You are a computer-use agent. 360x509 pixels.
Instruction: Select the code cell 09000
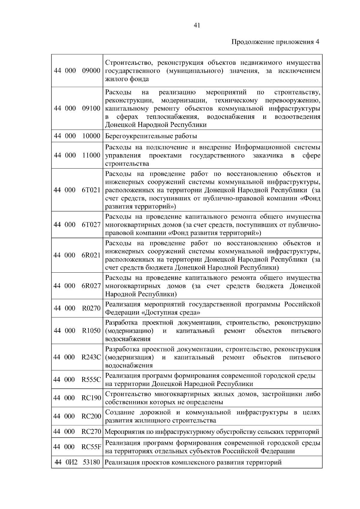tap(91, 71)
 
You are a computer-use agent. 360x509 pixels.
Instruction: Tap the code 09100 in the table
tap(91, 108)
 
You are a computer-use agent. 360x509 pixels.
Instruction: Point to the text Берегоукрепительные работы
tap(151, 136)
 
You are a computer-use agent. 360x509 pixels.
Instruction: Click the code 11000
tap(91, 155)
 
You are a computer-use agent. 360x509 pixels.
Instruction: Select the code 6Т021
tap(91, 190)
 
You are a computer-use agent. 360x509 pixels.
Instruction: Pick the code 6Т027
tap(91, 225)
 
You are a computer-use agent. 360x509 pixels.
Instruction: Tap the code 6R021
tap(91, 255)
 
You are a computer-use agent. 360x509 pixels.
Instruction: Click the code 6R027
tap(91, 286)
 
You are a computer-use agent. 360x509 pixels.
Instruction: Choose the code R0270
tap(91, 308)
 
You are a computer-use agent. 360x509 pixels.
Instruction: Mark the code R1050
tap(91, 331)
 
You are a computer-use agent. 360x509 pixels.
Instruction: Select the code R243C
tap(91, 357)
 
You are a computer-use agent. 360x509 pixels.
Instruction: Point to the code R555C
tap(91, 379)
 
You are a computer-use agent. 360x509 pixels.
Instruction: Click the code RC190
tap(91, 398)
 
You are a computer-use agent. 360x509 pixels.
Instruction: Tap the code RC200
tap(91, 416)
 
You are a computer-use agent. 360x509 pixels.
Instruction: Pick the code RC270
tap(91, 432)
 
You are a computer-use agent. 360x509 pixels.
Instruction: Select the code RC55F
tap(91, 447)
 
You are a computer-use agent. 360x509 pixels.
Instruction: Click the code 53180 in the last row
tap(91, 462)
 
